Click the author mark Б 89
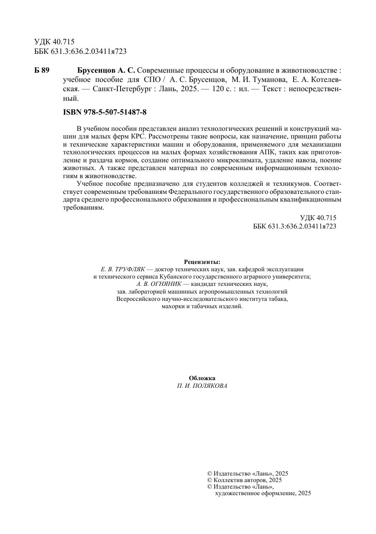coord(42,70)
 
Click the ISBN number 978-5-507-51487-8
coord(119,112)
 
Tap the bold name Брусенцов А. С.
coord(106,70)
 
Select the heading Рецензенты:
coord(202,262)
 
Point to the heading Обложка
coord(202,378)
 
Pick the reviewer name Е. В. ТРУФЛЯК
coord(123,269)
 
